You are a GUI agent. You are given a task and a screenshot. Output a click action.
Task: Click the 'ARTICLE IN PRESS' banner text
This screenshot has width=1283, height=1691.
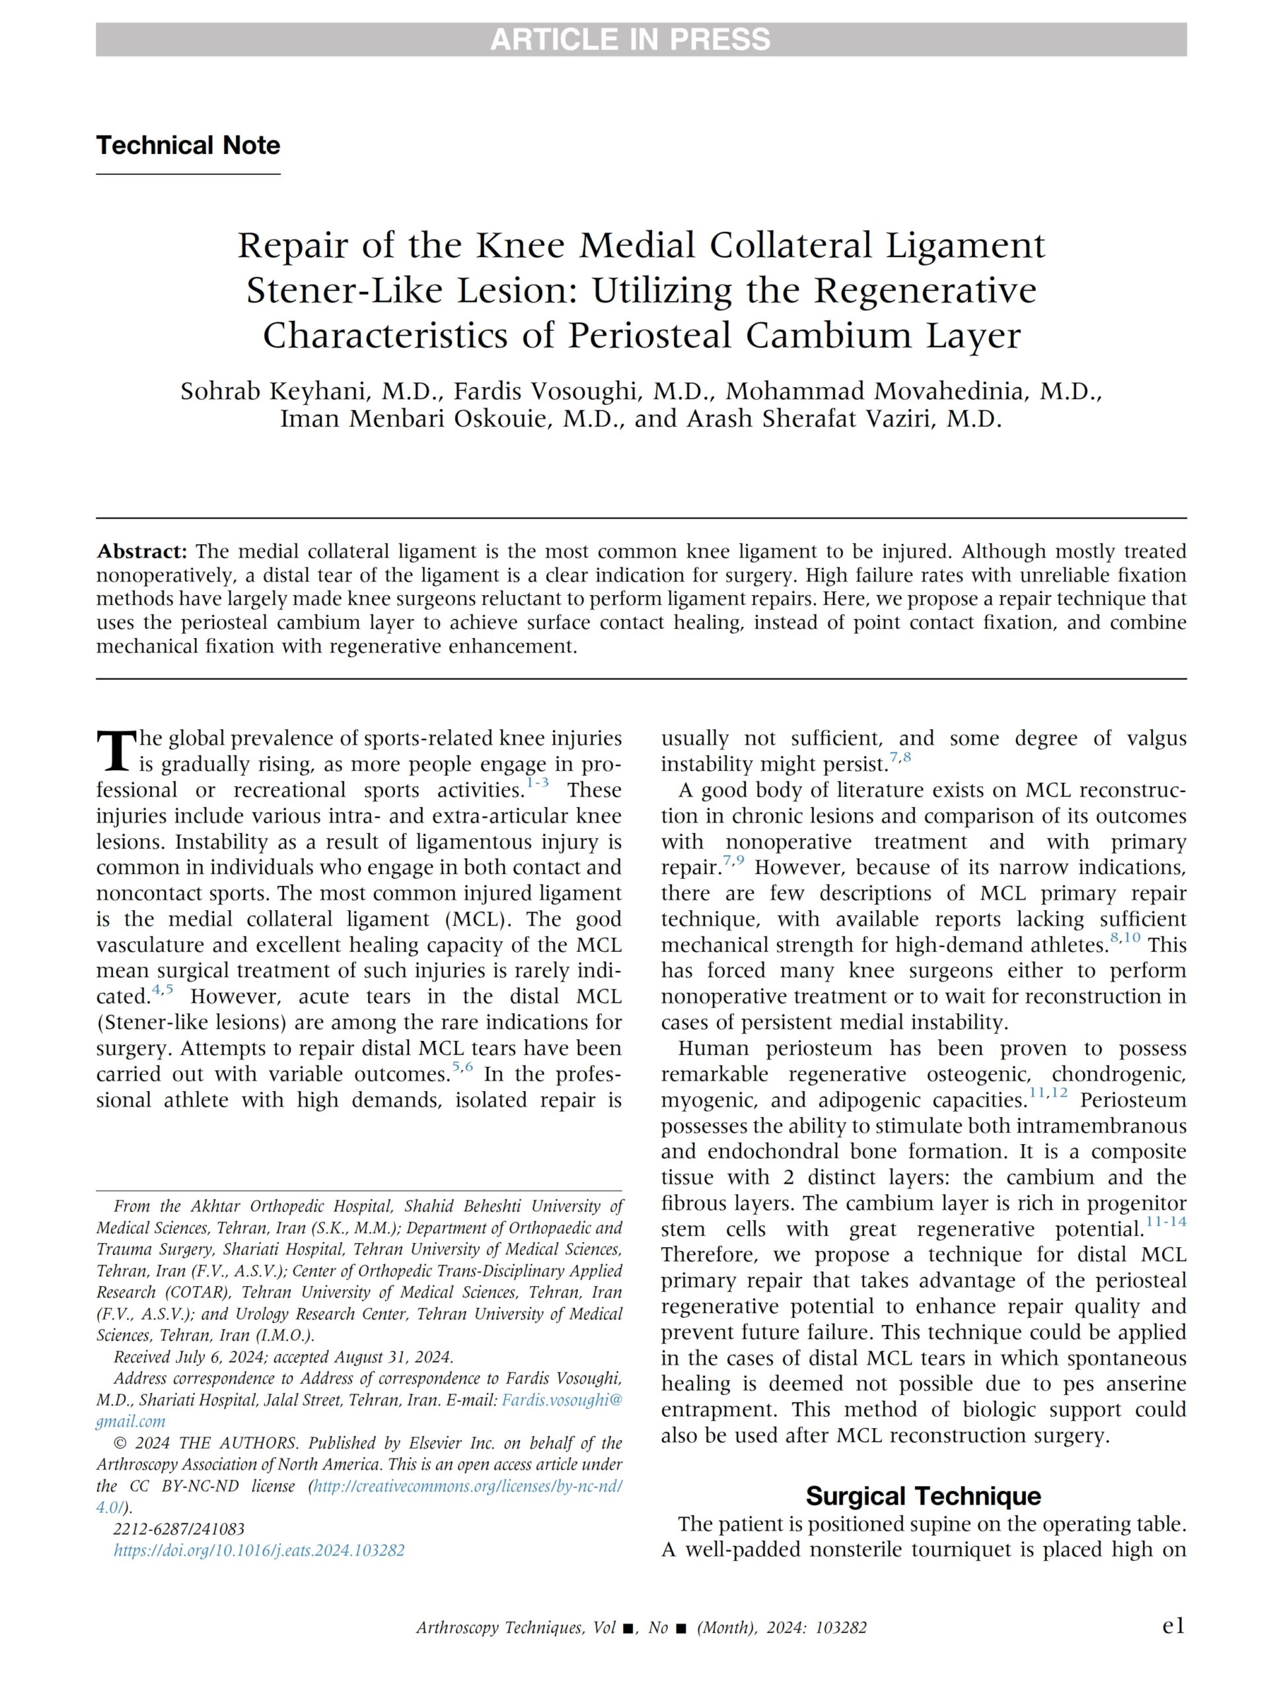point(630,40)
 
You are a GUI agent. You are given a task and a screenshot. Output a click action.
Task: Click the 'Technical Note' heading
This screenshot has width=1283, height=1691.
point(188,145)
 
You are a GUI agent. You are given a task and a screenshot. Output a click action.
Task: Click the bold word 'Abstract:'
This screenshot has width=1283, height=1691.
point(141,551)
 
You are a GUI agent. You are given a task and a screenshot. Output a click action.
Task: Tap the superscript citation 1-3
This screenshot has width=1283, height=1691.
point(538,783)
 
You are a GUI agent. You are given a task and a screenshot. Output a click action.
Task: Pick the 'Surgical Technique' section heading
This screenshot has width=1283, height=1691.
point(924,1495)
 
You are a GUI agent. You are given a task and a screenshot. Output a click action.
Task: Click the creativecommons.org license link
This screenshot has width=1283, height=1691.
point(468,1486)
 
